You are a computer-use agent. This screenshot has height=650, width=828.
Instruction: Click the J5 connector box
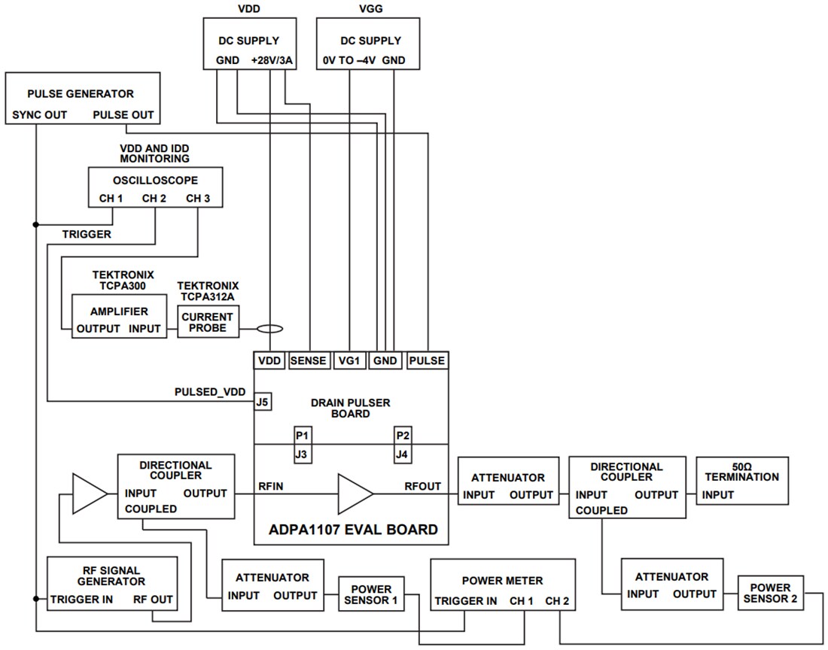[263, 401]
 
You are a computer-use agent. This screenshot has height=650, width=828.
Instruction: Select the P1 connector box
[303, 436]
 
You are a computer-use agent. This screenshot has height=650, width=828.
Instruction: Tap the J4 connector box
[403, 454]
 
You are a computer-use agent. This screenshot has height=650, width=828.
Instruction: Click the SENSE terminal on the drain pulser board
[309, 360]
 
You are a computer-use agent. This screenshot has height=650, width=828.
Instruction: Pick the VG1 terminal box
[350, 360]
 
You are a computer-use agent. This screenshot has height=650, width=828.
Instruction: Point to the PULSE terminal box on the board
[427, 360]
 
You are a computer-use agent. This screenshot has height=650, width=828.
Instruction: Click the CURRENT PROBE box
[207, 322]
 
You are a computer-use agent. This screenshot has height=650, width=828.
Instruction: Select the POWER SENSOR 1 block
[370, 594]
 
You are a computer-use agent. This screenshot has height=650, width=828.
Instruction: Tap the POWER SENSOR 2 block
[770, 594]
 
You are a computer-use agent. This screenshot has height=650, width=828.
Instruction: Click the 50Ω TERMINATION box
[742, 481]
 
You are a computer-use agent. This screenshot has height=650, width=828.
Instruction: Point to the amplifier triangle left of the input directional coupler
[90, 494]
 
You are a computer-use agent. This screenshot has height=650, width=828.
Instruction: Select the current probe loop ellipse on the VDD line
[269, 329]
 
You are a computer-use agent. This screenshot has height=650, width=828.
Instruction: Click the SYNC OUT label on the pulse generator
[40, 115]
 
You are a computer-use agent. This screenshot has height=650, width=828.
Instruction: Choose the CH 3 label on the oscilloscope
[198, 199]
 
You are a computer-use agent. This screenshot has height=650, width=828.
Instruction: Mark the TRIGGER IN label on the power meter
[465, 601]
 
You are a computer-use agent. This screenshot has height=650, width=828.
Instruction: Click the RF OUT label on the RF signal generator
[153, 600]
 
